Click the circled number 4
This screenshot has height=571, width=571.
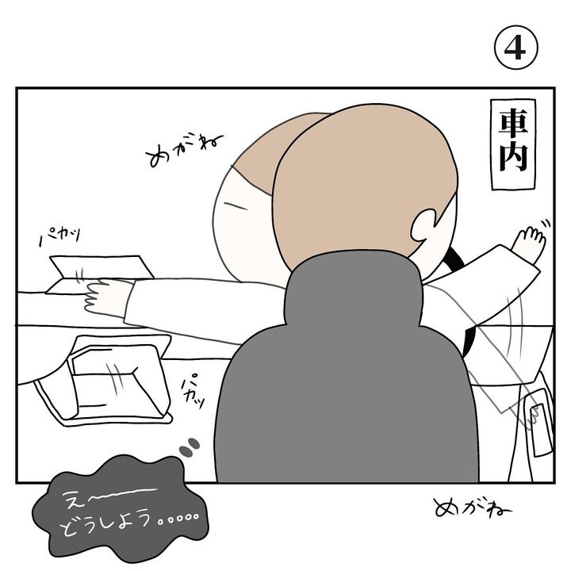point(515,48)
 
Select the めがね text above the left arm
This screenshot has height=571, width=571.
point(184,150)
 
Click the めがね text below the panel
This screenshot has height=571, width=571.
point(473,507)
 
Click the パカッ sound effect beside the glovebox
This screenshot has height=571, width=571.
point(192,391)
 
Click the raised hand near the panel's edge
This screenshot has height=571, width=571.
point(529,242)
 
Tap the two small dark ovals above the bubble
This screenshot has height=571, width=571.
point(190,447)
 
